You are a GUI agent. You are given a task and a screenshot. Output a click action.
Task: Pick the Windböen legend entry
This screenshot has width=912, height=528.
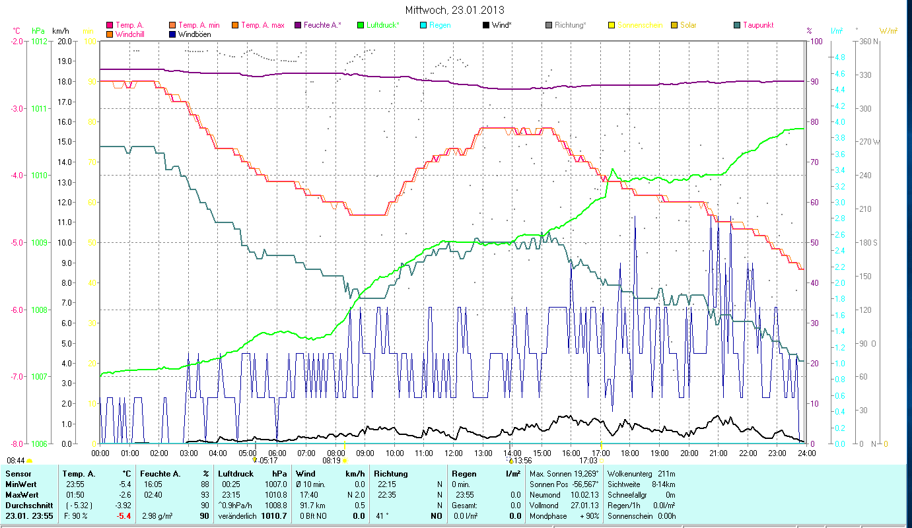(x=195, y=34)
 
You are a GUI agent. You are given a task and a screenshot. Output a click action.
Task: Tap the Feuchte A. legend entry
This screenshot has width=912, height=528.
(x=322, y=25)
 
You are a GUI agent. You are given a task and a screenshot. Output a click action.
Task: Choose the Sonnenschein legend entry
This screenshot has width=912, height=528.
(x=640, y=25)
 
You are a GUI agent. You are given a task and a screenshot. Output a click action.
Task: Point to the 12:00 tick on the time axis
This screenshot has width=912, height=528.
(x=453, y=453)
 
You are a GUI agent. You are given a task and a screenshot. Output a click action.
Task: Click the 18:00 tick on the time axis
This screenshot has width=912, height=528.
(x=630, y=453)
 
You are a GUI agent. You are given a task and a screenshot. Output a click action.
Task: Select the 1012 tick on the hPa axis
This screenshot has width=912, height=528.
(x=39, y=41)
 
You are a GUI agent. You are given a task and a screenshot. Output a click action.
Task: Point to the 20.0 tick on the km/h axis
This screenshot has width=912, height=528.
(x=65, y=41)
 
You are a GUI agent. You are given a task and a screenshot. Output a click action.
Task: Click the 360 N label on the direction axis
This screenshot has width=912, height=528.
(x=867, y=41)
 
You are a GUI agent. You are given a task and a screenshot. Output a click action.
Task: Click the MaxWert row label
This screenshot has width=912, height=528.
(x=22, y=494)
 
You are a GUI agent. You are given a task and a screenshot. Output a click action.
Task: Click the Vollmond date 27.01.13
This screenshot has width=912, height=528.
(x=585, y=505)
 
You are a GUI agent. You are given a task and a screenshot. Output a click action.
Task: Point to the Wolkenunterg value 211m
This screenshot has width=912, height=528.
(x=666, y=473)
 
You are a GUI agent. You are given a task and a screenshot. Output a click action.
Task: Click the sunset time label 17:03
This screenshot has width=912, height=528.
(x=588, y=460)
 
